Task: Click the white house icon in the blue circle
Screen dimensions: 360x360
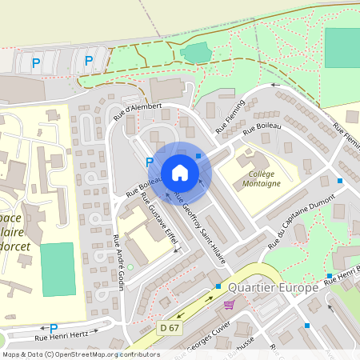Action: (x=180, y=173)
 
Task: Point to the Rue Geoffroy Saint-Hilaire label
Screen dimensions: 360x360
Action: (x=200, y=225)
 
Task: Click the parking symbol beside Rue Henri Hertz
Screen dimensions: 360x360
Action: (x=54, y=328)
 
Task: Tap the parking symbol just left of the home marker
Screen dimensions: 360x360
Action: (x=150, y=162)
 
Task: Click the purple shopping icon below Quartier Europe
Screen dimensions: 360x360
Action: (x=230, y=304)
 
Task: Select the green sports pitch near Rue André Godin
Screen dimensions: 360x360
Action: (x=57, y=268)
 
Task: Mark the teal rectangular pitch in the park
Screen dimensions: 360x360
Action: (x=342, y=47)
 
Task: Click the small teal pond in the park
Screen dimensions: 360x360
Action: (x=194, y=54)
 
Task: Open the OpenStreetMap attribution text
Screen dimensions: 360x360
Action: (x=80, y=354)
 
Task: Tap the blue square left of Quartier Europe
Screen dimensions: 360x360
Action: (x=218, y=286)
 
